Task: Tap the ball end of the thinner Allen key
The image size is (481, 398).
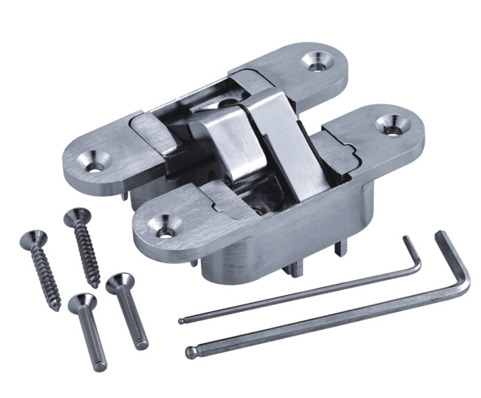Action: click(181, 322)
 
